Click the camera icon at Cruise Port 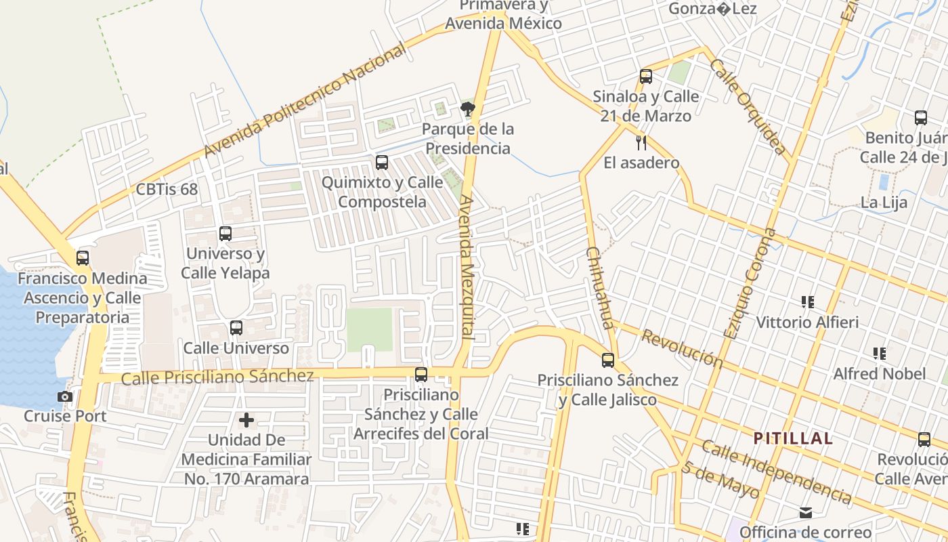coord(65,396)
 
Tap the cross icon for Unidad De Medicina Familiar coord(246,420)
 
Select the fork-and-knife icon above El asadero coord(641,143)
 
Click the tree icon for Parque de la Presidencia coord(467,108)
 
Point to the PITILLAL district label coord(793,438)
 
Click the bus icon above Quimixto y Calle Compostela coord(382,163)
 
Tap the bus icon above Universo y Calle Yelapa coord(225,234)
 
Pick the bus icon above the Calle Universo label coord(236,328)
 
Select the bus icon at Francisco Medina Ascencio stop coord(83,258)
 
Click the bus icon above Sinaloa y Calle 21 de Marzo coord(646,77)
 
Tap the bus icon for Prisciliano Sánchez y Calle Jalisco coord(608,360)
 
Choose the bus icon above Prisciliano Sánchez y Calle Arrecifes coord(421,375)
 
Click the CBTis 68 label coord(167,189)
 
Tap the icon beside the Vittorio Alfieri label coord(807,302)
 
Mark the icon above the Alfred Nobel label coord(880,354)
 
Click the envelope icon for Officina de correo coord(806,513)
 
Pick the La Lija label coord(884,203)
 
